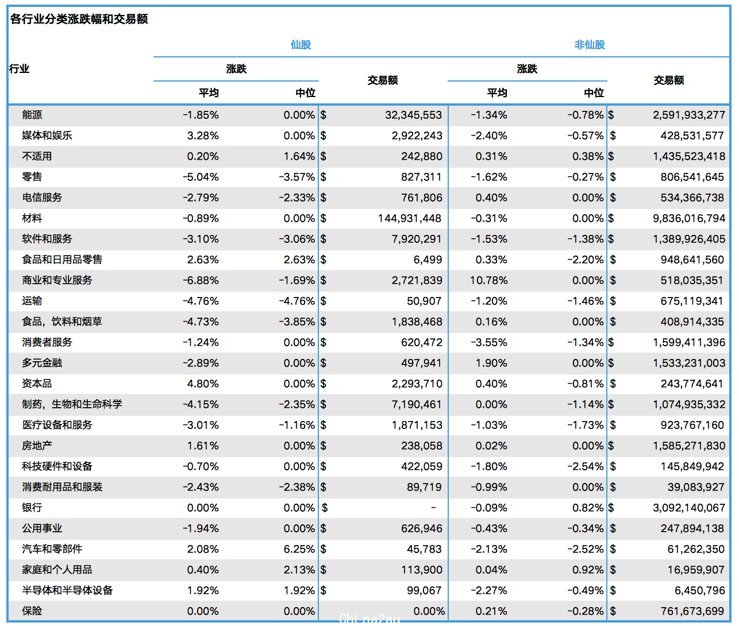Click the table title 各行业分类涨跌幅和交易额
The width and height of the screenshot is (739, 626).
point(79,19)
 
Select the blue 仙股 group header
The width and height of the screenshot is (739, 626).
point(301,45)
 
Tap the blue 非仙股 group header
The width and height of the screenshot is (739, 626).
point(590,45)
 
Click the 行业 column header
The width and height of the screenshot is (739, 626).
point(20,68)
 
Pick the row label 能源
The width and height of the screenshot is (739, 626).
point(32,115)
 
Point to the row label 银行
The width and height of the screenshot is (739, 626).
point(32,507)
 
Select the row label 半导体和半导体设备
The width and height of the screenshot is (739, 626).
point(67,590)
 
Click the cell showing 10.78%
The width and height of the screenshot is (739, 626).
point(488,280)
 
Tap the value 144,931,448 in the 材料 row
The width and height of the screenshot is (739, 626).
point(410,218)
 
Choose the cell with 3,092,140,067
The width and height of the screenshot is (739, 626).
point(689,508)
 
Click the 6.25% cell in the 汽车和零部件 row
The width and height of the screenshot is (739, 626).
point(299,549)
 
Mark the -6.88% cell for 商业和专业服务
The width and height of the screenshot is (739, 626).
point(201,280)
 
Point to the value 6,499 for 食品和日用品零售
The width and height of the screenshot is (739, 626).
point(428,260)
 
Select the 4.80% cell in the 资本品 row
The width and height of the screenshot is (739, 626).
point(203,384)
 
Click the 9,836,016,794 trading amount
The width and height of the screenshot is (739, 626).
point(689,218)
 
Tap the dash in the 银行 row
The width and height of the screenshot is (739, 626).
point(433,507)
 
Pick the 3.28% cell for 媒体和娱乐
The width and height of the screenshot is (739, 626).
point(203,136)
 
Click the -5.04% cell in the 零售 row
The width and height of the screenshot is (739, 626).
point(201,177)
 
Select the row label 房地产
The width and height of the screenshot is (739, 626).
point(37,446)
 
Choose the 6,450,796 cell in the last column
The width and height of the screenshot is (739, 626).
point(700,590)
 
